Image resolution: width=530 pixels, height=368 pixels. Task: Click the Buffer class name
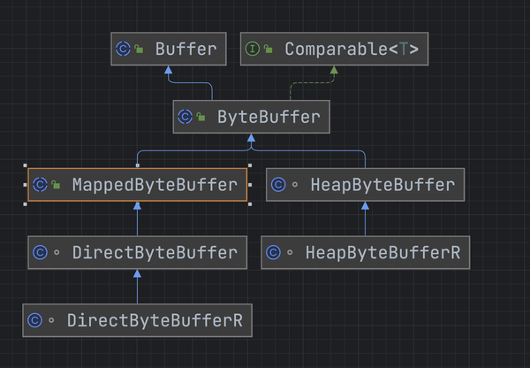tap(185, 49)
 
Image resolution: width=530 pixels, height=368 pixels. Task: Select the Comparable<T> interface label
tap(352, 49)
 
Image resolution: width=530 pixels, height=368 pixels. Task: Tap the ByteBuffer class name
tap(269, 117)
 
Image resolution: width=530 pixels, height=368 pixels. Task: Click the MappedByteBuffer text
tap(155, 185)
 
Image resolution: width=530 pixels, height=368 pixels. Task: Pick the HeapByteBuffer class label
tap(382, 185)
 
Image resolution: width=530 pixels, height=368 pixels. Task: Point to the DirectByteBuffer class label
tap(155, 252)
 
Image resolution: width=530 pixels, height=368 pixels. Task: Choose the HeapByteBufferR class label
tap(383, 252)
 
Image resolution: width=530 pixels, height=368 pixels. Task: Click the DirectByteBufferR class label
tap(155, 320)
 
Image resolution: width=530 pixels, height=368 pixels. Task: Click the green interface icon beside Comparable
tap(252, 49)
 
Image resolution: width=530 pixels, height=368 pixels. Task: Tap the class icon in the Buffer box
tap(123, 49)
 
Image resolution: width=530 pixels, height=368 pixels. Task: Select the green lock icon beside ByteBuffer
tap(201, 117)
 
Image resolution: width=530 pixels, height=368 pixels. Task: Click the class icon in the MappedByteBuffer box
tap(41, 185)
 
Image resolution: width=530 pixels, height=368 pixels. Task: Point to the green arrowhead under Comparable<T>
tap(334, 70)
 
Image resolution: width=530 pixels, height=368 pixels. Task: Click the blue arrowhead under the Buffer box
tap(169, 70)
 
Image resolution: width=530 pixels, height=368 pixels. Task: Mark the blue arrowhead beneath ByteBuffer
tap(251, 138)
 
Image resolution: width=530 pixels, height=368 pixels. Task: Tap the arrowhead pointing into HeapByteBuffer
tap(365, 206)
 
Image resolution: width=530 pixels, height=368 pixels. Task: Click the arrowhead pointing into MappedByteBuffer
tap(137, 206)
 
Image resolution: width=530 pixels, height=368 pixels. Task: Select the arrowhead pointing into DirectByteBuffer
tap(137, 273)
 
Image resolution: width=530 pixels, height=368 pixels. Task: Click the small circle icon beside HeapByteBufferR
tap(290, 252)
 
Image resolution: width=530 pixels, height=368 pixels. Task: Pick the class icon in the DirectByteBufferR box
tap(35, 320)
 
